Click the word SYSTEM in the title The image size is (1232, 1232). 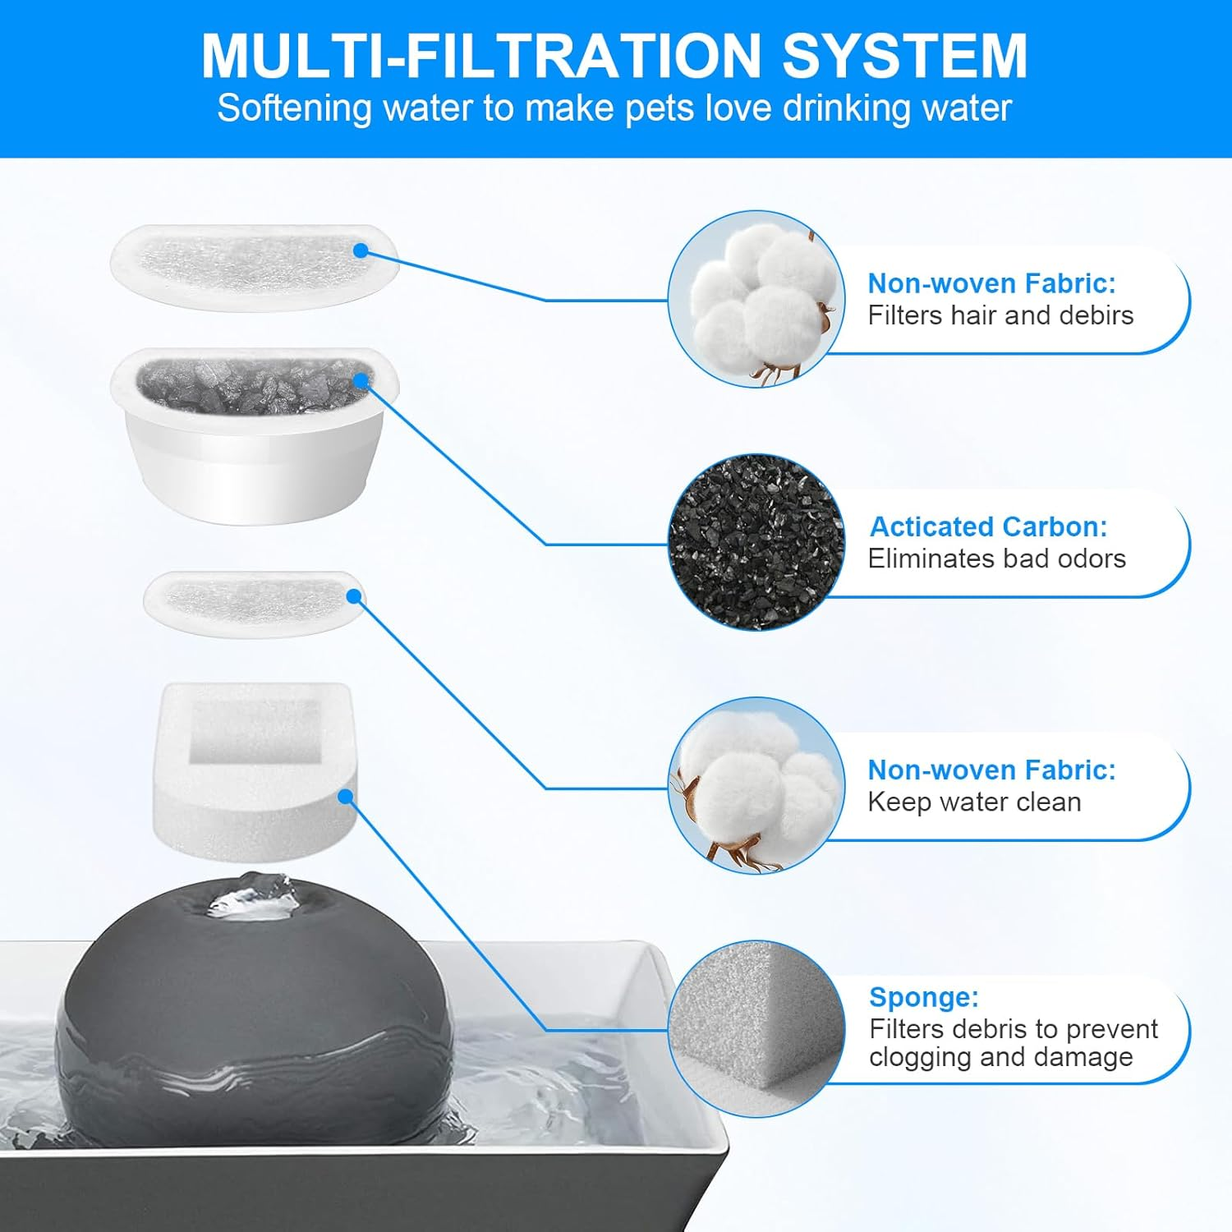[904, 56]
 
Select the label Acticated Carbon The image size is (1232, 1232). [988, 526]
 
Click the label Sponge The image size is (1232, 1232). [923, 997]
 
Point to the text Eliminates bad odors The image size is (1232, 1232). [996, 559]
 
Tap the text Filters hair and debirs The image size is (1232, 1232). [1000, 315]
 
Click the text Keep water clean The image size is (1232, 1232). [974, 802]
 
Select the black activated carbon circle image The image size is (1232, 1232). [756, 543]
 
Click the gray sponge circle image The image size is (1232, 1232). [756, 1029]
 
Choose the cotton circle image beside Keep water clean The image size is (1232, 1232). [756, 786]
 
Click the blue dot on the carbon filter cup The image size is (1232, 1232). [361, 380]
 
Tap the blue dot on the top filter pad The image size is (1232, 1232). [361, 251]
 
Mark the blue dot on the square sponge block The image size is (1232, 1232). [346, 797]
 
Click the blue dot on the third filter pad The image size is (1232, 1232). [354, 596]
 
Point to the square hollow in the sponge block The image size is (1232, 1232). [254, 731]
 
